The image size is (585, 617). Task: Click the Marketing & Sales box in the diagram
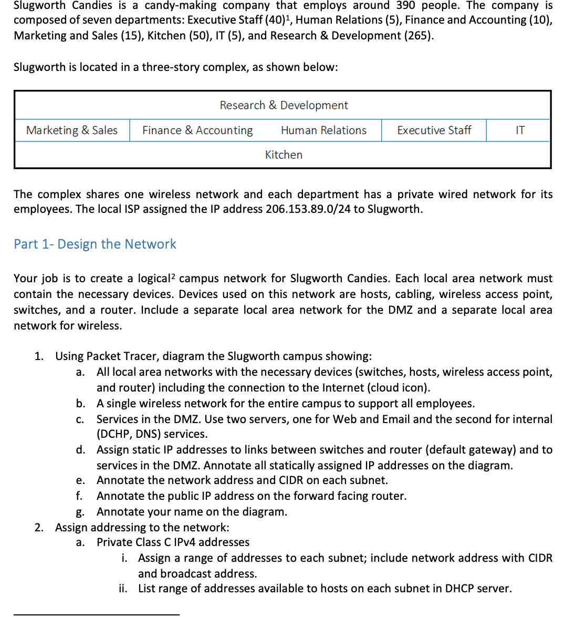coord(72,130)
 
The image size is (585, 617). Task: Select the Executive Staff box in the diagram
coord(434,130)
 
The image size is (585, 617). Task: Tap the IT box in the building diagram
coord(519,130)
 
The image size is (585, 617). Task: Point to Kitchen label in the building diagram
coord(284,155)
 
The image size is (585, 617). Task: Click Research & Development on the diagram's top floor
coord(284,105)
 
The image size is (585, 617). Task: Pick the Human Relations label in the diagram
coord(323,130)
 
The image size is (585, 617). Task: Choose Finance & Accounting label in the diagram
coord(197,130)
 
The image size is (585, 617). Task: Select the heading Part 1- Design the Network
coord(95,244)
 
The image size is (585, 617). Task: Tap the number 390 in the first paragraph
coord(405,6)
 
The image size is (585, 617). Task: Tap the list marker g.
coord(80,512)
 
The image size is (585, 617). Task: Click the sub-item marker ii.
coord(122,589)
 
